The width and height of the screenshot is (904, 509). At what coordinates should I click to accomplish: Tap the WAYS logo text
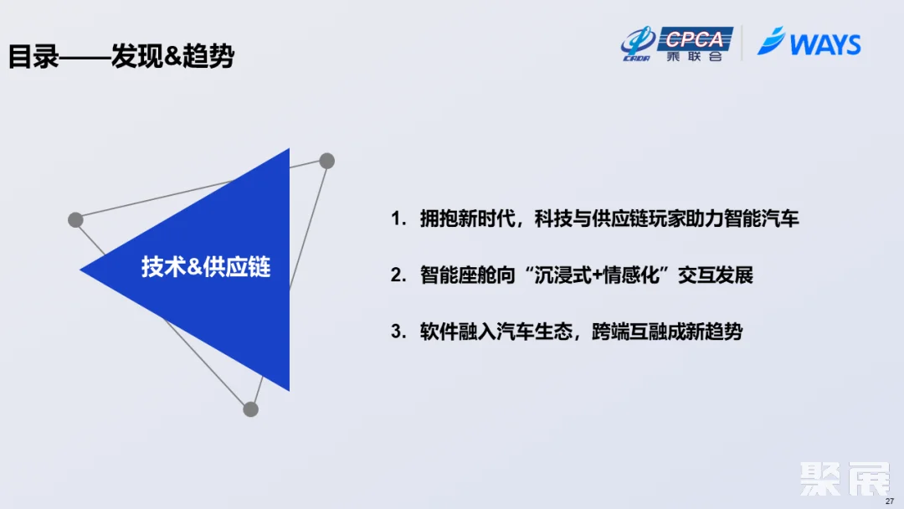(x=824, y=44)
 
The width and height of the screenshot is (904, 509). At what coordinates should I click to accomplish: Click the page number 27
(x=890, y=501)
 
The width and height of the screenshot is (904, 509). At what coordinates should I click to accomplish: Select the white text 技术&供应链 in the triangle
(x=206, y=267)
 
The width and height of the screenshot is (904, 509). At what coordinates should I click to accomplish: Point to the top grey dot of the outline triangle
(x=326, y=161)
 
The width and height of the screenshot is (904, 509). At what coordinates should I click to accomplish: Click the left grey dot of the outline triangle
(x=75, y=220)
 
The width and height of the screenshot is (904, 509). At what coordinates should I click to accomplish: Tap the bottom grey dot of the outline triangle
(x=250, y=409)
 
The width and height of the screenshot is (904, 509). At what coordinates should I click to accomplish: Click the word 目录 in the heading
(x=33, y=57)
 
